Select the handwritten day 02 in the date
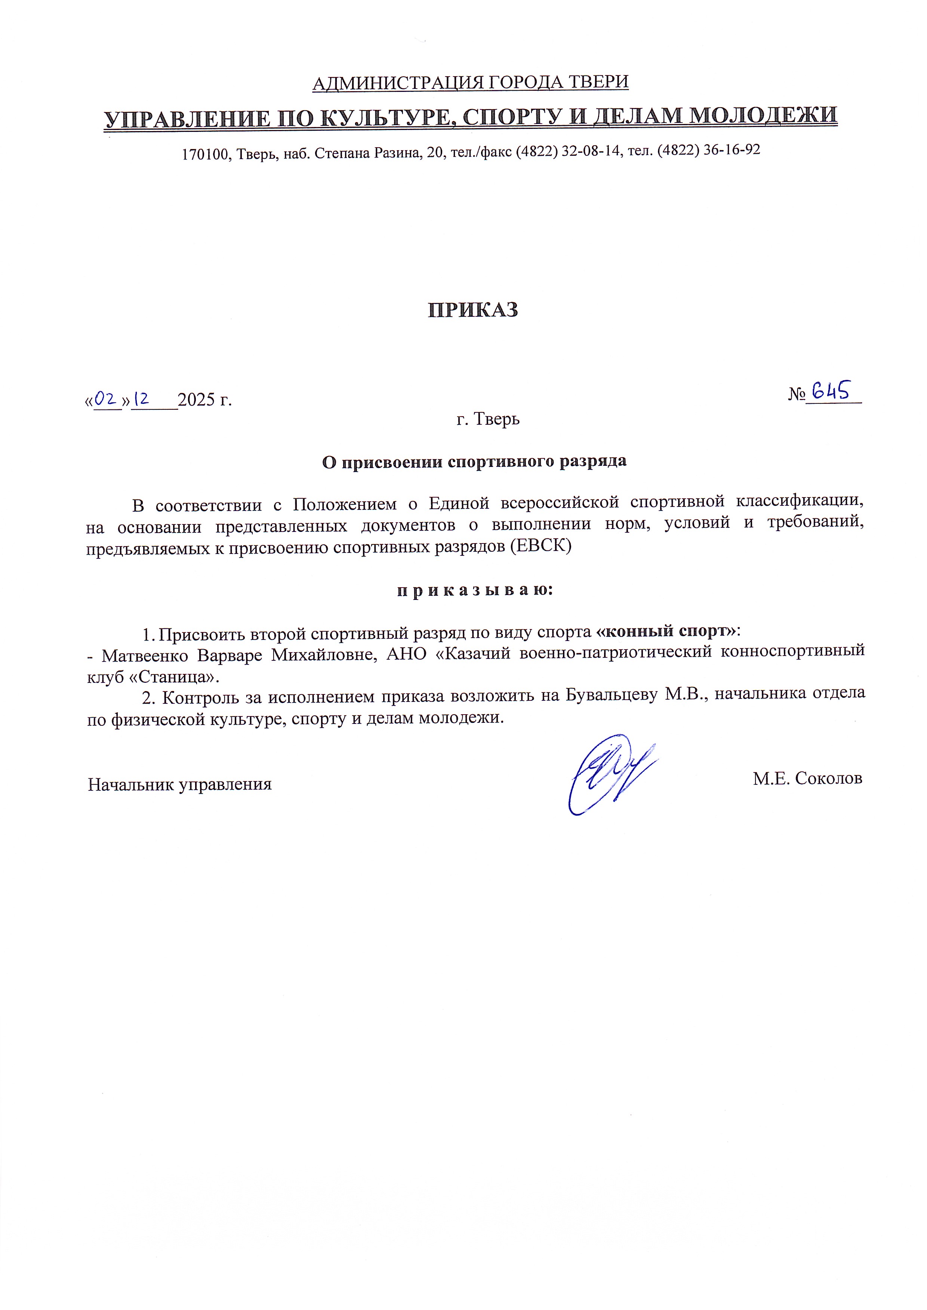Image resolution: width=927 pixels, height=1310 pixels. (x=106, y=398)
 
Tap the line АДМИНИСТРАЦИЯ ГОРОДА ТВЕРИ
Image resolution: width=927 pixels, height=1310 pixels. (x=470, y=83)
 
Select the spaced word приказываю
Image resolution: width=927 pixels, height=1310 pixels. (x=475, y=590)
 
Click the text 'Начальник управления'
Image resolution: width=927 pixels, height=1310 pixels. (x=180, y=784)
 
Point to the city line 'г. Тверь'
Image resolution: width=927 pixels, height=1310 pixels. (x=488, y=419)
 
